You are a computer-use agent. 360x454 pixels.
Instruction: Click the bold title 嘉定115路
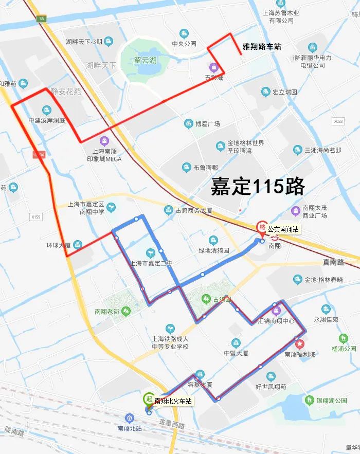pos(258,186)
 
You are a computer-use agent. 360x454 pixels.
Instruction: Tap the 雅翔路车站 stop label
pos(262,47)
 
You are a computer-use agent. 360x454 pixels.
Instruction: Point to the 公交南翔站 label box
pos(283,229)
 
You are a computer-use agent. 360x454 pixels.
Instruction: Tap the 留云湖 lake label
pos(145,61)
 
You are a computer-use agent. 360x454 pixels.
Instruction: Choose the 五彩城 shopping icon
pos(213,67)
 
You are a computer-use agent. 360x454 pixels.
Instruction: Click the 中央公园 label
pos(184,44)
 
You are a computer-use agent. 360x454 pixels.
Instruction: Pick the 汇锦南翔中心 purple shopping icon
pos(276,309)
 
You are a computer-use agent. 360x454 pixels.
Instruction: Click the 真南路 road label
pos(333,262)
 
